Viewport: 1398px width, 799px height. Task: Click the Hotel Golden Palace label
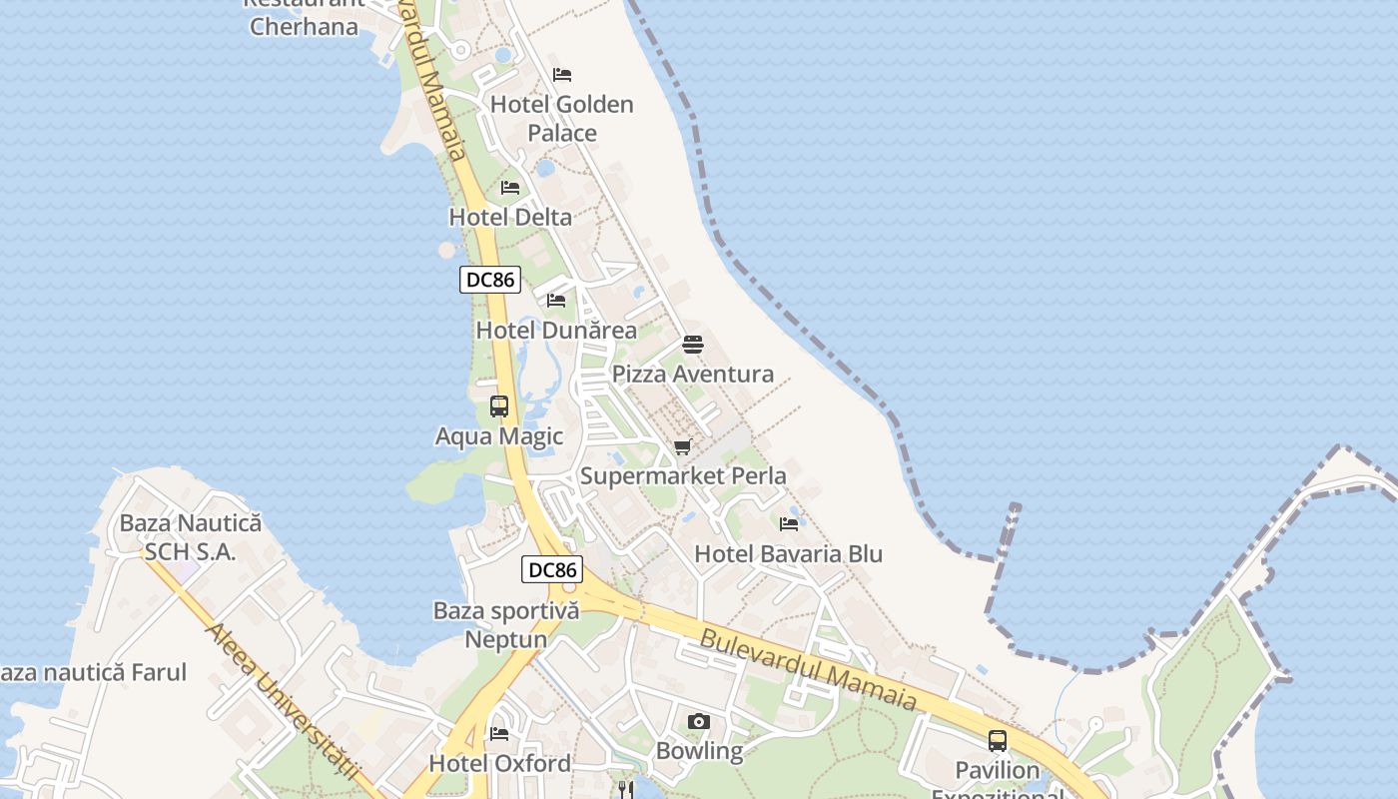561,118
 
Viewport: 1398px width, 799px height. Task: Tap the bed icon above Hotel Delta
510,188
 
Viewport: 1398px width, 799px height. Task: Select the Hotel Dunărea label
556,330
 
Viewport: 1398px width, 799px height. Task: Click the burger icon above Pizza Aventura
693,345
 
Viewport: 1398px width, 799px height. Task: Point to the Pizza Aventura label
692,375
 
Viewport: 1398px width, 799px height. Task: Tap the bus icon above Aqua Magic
499,406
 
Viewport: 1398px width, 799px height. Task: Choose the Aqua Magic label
499,436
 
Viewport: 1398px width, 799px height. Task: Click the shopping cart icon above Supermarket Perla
683,446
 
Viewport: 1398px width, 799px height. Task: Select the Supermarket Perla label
683,476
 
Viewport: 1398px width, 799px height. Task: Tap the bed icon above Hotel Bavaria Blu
789,523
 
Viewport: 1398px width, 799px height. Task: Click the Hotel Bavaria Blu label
788,554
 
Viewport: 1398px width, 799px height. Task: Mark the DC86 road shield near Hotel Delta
490,280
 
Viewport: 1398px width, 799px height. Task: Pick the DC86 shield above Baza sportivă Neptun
552,570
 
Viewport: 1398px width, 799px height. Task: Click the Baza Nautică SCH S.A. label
190,537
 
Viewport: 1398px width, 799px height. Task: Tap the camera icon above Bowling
699,721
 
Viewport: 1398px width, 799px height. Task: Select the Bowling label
699,751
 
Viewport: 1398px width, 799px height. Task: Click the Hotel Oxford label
499,764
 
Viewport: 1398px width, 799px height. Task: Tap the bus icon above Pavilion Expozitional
998,740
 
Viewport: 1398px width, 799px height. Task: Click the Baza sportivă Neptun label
505,625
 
